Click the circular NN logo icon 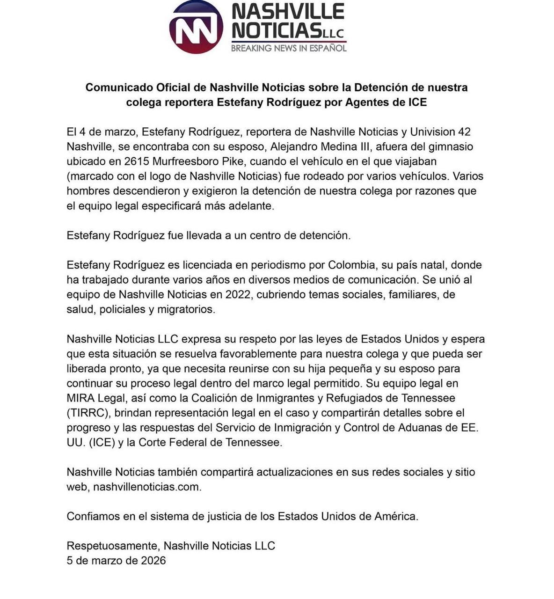click(x=196, y=27)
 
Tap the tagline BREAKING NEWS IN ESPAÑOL click(x=289, y=48)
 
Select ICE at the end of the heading click(x=416, y=102)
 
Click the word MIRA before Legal click(x=80, y=398)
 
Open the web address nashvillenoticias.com click(x=146, y=487)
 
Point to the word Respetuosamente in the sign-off click(x=113, y=546)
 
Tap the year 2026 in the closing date click(x=153, y=561)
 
